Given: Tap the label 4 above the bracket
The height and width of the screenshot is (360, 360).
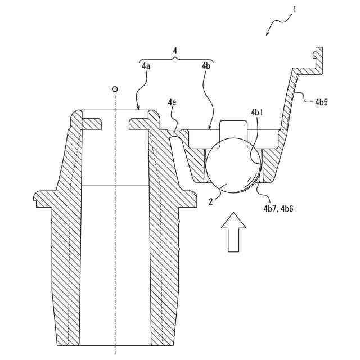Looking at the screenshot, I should (x=175, y=51).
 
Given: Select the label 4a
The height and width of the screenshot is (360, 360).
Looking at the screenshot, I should (x=145, y=66).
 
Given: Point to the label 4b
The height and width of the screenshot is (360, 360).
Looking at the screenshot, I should (x=206, y=66).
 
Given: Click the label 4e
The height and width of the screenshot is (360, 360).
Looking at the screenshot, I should (x=172, y=103).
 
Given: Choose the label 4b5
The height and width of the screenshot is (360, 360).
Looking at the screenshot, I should (x=322, y=102).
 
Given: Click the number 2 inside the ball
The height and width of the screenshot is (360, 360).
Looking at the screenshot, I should (x=211, y=201).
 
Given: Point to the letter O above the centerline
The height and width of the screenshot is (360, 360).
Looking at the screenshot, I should (x=115, y=89).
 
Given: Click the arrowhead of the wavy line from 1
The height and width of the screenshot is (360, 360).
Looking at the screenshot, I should (x=267, y=35).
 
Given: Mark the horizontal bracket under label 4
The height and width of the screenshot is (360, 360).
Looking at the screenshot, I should (x=175, y=59).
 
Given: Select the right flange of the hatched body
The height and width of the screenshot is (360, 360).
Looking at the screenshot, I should (x=190, y=198).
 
